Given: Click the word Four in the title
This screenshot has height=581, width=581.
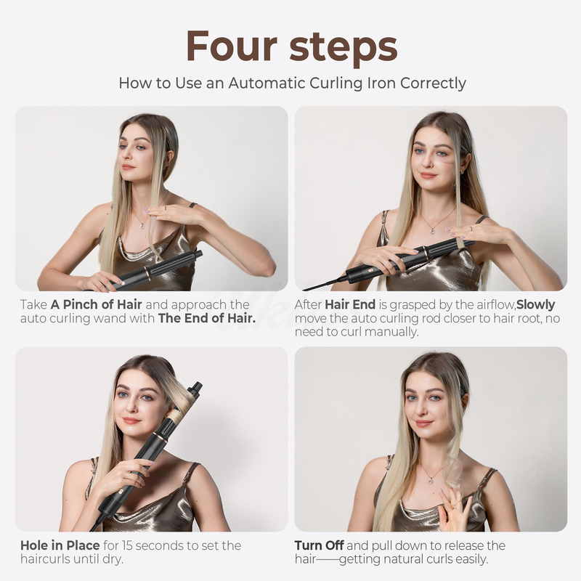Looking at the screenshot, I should [231, 46].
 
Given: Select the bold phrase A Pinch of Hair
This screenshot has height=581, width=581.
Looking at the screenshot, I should [101, 304].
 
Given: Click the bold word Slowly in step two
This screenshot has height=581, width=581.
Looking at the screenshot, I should [536, 304].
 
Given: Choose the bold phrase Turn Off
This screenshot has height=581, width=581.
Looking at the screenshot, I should [320, 545].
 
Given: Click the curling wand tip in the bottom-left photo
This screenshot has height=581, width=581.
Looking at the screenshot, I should [196, 387].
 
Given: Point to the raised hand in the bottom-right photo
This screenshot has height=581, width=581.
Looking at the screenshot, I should [454, 508].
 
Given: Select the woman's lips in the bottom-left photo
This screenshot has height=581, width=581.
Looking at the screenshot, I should [131, 420].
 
